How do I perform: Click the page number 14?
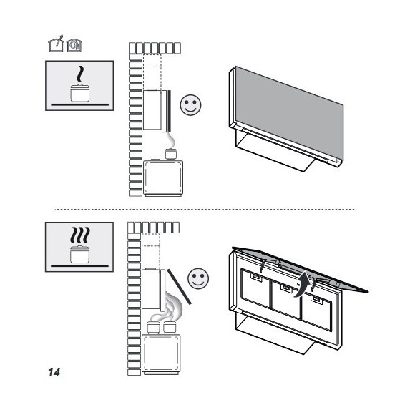[54, 372]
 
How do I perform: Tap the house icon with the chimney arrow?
[56, 44]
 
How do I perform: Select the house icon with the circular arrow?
[74, 45]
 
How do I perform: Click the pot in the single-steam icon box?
[79, 93]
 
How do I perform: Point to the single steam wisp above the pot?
[80, 74]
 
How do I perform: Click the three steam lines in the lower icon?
[79, 235]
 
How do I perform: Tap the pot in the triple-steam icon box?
[79, 254]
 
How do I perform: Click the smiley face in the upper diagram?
[190, 104]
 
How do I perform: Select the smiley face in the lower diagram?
[198, 279]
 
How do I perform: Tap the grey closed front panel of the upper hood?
[289, 113]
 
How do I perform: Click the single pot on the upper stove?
[171, 154]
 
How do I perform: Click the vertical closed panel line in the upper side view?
[169, 111]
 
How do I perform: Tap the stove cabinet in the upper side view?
[163, 178]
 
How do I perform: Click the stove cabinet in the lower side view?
[161, 354]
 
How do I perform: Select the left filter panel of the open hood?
[255, 288]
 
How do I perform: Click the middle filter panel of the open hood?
[285, 299]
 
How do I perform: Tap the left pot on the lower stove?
[153, 327]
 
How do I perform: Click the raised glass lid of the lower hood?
[300, 270]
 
